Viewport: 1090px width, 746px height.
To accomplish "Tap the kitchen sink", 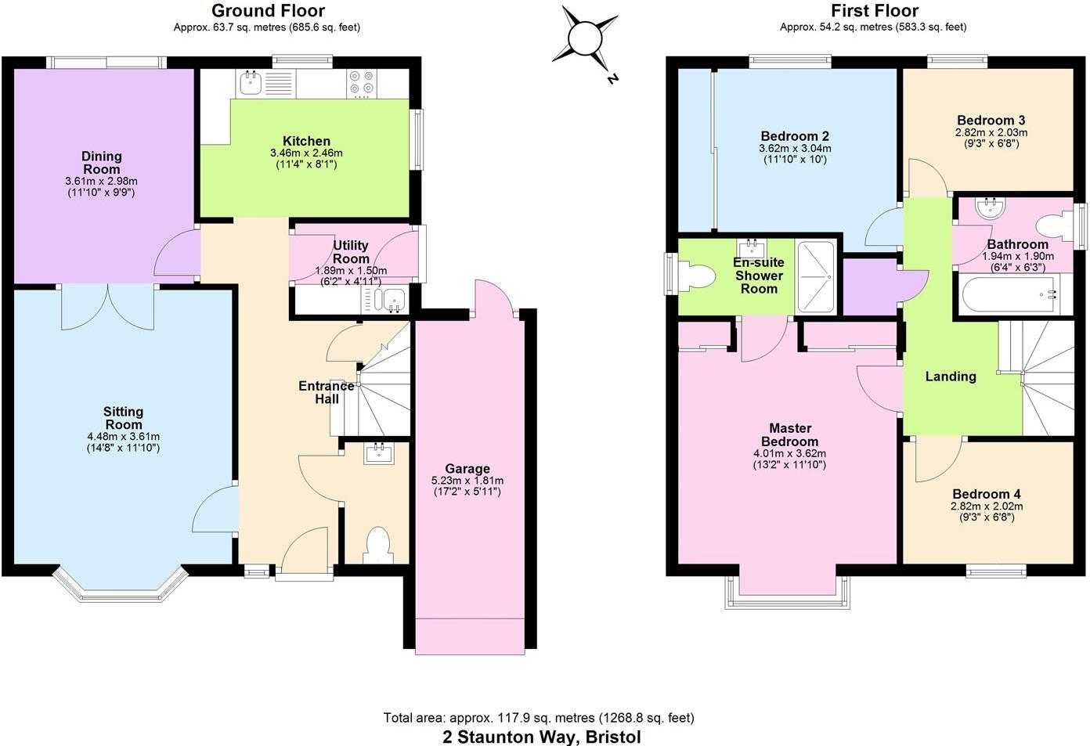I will coord(251,81).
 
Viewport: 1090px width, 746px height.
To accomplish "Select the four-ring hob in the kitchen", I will coord(361,83).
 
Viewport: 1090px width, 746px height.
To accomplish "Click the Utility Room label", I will coord(351,252).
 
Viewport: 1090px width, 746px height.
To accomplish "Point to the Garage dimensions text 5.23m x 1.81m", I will coord(467,481).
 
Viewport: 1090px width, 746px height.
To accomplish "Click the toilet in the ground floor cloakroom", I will coord(379,545).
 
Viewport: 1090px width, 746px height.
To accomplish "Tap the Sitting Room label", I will coord(124,418).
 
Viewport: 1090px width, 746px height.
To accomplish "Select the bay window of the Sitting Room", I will coord(121,583).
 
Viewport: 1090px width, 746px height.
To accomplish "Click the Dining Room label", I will coord(102,163).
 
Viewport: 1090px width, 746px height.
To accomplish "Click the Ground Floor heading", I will coord(268,11).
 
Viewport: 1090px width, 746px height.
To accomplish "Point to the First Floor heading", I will coord(874,11).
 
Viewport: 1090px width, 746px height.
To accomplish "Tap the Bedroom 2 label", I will coord(795,136).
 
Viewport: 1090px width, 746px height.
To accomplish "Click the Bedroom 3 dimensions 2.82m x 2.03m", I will coord(991,132).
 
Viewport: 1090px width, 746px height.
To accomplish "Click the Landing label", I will coord(951,377).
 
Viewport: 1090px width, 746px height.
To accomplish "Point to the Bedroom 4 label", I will coord(986,494).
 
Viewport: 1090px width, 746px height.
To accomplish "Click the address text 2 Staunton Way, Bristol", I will coord(542,737).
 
